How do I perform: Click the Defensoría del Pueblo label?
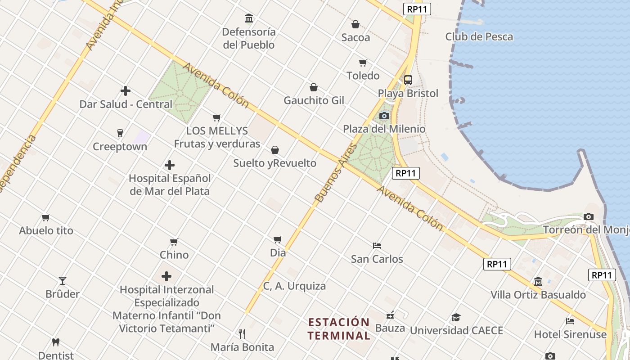pos(249,38)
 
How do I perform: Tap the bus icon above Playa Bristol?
pos(408,80)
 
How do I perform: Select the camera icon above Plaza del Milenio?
pos(384,116)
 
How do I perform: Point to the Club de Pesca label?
pos(479,37)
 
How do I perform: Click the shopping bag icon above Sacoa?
pos(355,24)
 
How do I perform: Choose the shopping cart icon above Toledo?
pos(363,63)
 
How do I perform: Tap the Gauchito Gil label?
pos(314,100)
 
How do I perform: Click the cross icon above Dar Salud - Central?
pos(126,91)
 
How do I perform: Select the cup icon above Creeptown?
pos(120,133)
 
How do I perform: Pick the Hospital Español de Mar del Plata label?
pos(170,184)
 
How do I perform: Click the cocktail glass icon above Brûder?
pos(63,281)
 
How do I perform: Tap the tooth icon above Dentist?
pos(56,342)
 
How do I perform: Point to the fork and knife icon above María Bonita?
pos(242,333)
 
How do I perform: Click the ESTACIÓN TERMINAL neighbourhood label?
pos(339,329)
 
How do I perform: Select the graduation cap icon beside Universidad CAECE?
pos(456,317)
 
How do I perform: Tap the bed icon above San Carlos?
pos(377,246)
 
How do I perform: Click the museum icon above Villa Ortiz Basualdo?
pos(538,282)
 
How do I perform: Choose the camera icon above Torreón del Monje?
pos(588,217)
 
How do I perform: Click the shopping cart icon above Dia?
pos(278,239)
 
